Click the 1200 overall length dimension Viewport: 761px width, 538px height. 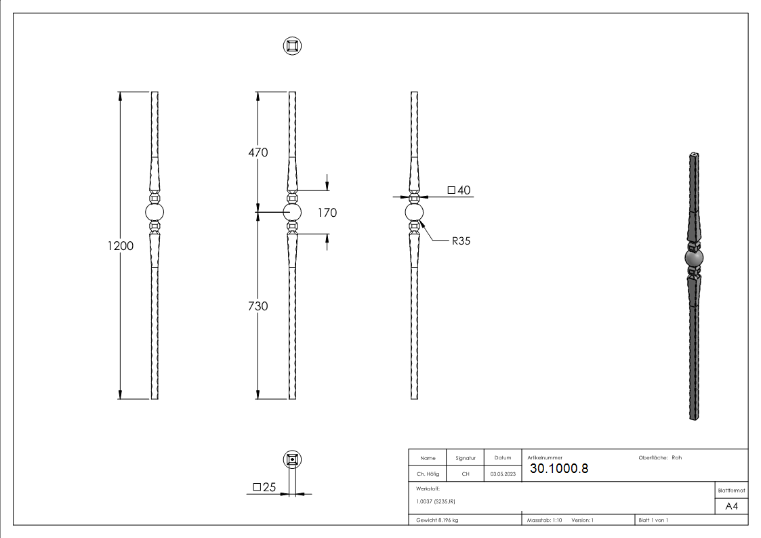pos(120,246)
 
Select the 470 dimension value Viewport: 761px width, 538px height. pos(258,152)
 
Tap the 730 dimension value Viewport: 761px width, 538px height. pos(258,306)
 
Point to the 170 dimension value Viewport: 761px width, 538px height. pos(327,213)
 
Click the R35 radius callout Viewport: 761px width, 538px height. pos(461,240)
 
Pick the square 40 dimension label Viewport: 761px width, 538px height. pos(459,190)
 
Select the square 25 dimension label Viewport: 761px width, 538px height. pos(265,487)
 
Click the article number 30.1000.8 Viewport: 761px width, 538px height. pos(559,469)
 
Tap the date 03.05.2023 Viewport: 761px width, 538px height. pos(503,474)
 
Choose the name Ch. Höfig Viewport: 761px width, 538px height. pos(428,474)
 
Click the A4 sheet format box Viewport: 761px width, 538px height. pos(732,506)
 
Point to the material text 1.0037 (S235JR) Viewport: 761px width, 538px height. pos(436,501)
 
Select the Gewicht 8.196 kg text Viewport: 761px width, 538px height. pos(437,520)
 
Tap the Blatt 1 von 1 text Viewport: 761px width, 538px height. pos(653,520)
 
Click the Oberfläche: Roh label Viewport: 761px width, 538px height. pos(660,457)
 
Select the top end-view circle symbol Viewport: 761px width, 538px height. pos(292,46)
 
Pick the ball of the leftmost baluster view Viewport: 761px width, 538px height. pos(155,213)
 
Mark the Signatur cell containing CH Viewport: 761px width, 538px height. pos(466,474)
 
